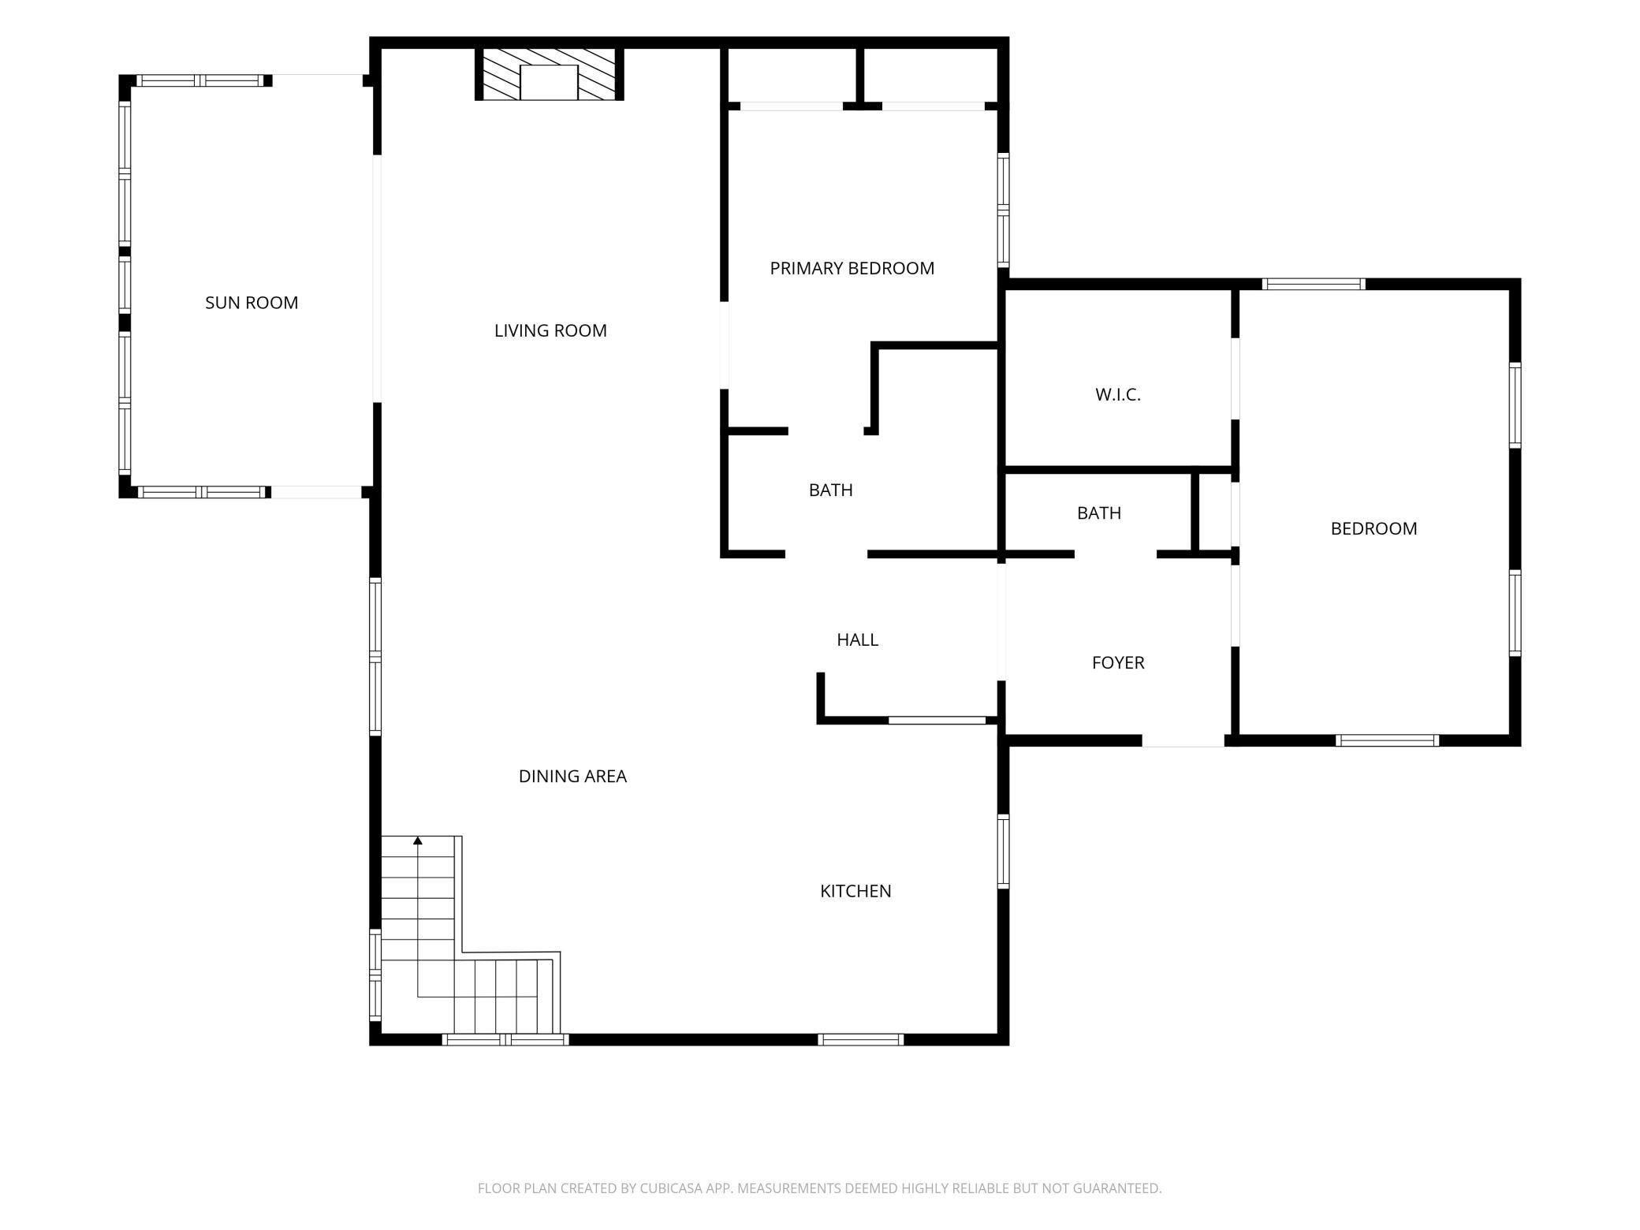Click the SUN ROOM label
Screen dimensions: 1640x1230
pos(252,303)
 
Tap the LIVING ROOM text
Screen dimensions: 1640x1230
pos(550,331)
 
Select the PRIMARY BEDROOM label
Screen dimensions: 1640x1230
pos(852,269)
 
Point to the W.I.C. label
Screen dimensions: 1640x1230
pos(1118,395)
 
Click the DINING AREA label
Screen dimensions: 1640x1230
pos(572,777)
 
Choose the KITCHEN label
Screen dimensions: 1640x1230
pos(855,891)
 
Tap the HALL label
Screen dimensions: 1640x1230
pos(858,640)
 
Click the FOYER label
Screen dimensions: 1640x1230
pos(1118,663)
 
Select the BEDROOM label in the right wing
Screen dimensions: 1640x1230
pos(1373,529)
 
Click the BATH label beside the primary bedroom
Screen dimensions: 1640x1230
pos(831,490)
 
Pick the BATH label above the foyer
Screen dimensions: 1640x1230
pos(1099,513)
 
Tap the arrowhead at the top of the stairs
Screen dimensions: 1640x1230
pos(418,840)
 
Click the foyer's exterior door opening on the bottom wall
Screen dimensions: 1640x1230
pos(1183,740)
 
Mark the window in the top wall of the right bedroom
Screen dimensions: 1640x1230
pos(1314,284)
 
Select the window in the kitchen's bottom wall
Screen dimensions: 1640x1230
pos(860,1040)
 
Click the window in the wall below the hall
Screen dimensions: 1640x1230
pos(937,720)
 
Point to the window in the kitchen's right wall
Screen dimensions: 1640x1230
pos(1004,852)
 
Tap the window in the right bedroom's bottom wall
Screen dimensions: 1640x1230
pos(1388,740)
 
